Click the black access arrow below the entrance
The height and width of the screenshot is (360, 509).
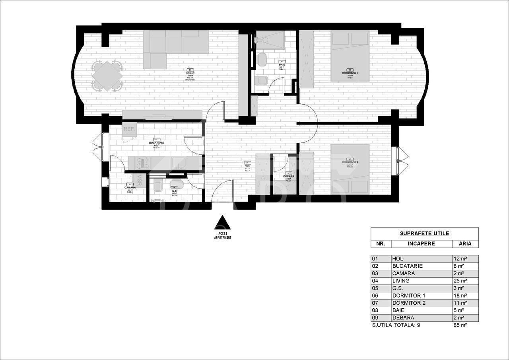223,223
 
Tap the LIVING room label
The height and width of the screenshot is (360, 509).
190,73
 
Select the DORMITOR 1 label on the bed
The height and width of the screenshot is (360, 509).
350,74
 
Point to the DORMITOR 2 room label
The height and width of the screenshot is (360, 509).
350,163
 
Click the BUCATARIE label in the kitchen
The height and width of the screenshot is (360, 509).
157,142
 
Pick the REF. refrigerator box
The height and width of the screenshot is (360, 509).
129,130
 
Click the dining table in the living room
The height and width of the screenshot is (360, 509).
107,75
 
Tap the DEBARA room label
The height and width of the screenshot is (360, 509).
289,176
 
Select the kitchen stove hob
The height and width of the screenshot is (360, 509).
142,163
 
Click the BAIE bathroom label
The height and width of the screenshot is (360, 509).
282,64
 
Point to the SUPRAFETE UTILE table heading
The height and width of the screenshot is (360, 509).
424,234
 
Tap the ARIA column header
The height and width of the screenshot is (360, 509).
465,244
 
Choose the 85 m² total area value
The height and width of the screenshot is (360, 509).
460,325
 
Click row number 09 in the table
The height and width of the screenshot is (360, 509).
375,318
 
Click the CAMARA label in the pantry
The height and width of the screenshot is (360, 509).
130,187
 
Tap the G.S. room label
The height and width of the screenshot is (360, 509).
174,191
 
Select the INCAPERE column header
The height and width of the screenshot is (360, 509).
422,244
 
